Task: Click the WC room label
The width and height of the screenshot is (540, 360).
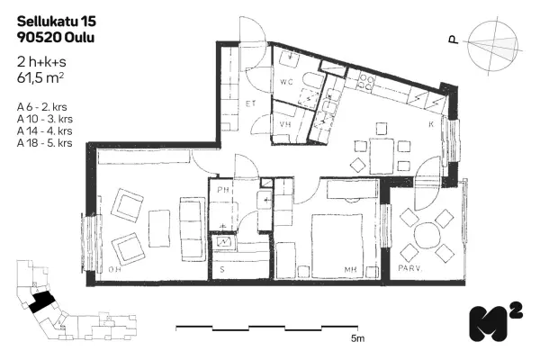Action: pyautogui.click(x=286, y=82)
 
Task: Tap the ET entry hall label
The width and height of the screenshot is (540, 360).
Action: pyautogui.click(x=250, y=103)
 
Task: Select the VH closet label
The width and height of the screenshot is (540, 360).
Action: pyautogui.click(x=285, y=124)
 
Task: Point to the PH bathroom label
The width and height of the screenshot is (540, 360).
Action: pyautogui.click(x=223, y=190)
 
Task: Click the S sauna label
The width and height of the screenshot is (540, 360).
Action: pyautogui.click(x=222, y=269)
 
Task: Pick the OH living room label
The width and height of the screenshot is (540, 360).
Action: pyautogui.click(x=114, y=269)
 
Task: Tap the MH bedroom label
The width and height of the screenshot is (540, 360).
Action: pyautogui.click(x=350, y=269)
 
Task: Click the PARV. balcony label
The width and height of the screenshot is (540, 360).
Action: pyautogui.click(x=409, y=268)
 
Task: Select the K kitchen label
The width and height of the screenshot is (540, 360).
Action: pyautogui.click(x=431, y=124)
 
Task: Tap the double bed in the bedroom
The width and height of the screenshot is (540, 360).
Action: pyautogui.click(x=337, y=246)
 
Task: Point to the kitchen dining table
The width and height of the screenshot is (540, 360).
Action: pyautogui.click(x=382, y=156)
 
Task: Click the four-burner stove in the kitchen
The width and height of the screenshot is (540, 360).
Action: pyautogui.click(x=365, y=82)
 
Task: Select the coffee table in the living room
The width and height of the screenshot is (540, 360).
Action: pyautogui.click(x=159, y=229)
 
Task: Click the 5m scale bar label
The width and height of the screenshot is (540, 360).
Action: pyautogui.click(x=357, y=338)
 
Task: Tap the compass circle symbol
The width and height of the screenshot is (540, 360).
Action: pyautogui.click(x=493, y=46)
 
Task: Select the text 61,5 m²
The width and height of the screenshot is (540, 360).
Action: pyautogui.click(x=40, y=78)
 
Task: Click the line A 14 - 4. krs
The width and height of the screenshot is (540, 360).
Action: pyautogui.click(x=45, y=130)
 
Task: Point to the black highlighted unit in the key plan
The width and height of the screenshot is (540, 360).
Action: pyautogui.click(x=41, y=301)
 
